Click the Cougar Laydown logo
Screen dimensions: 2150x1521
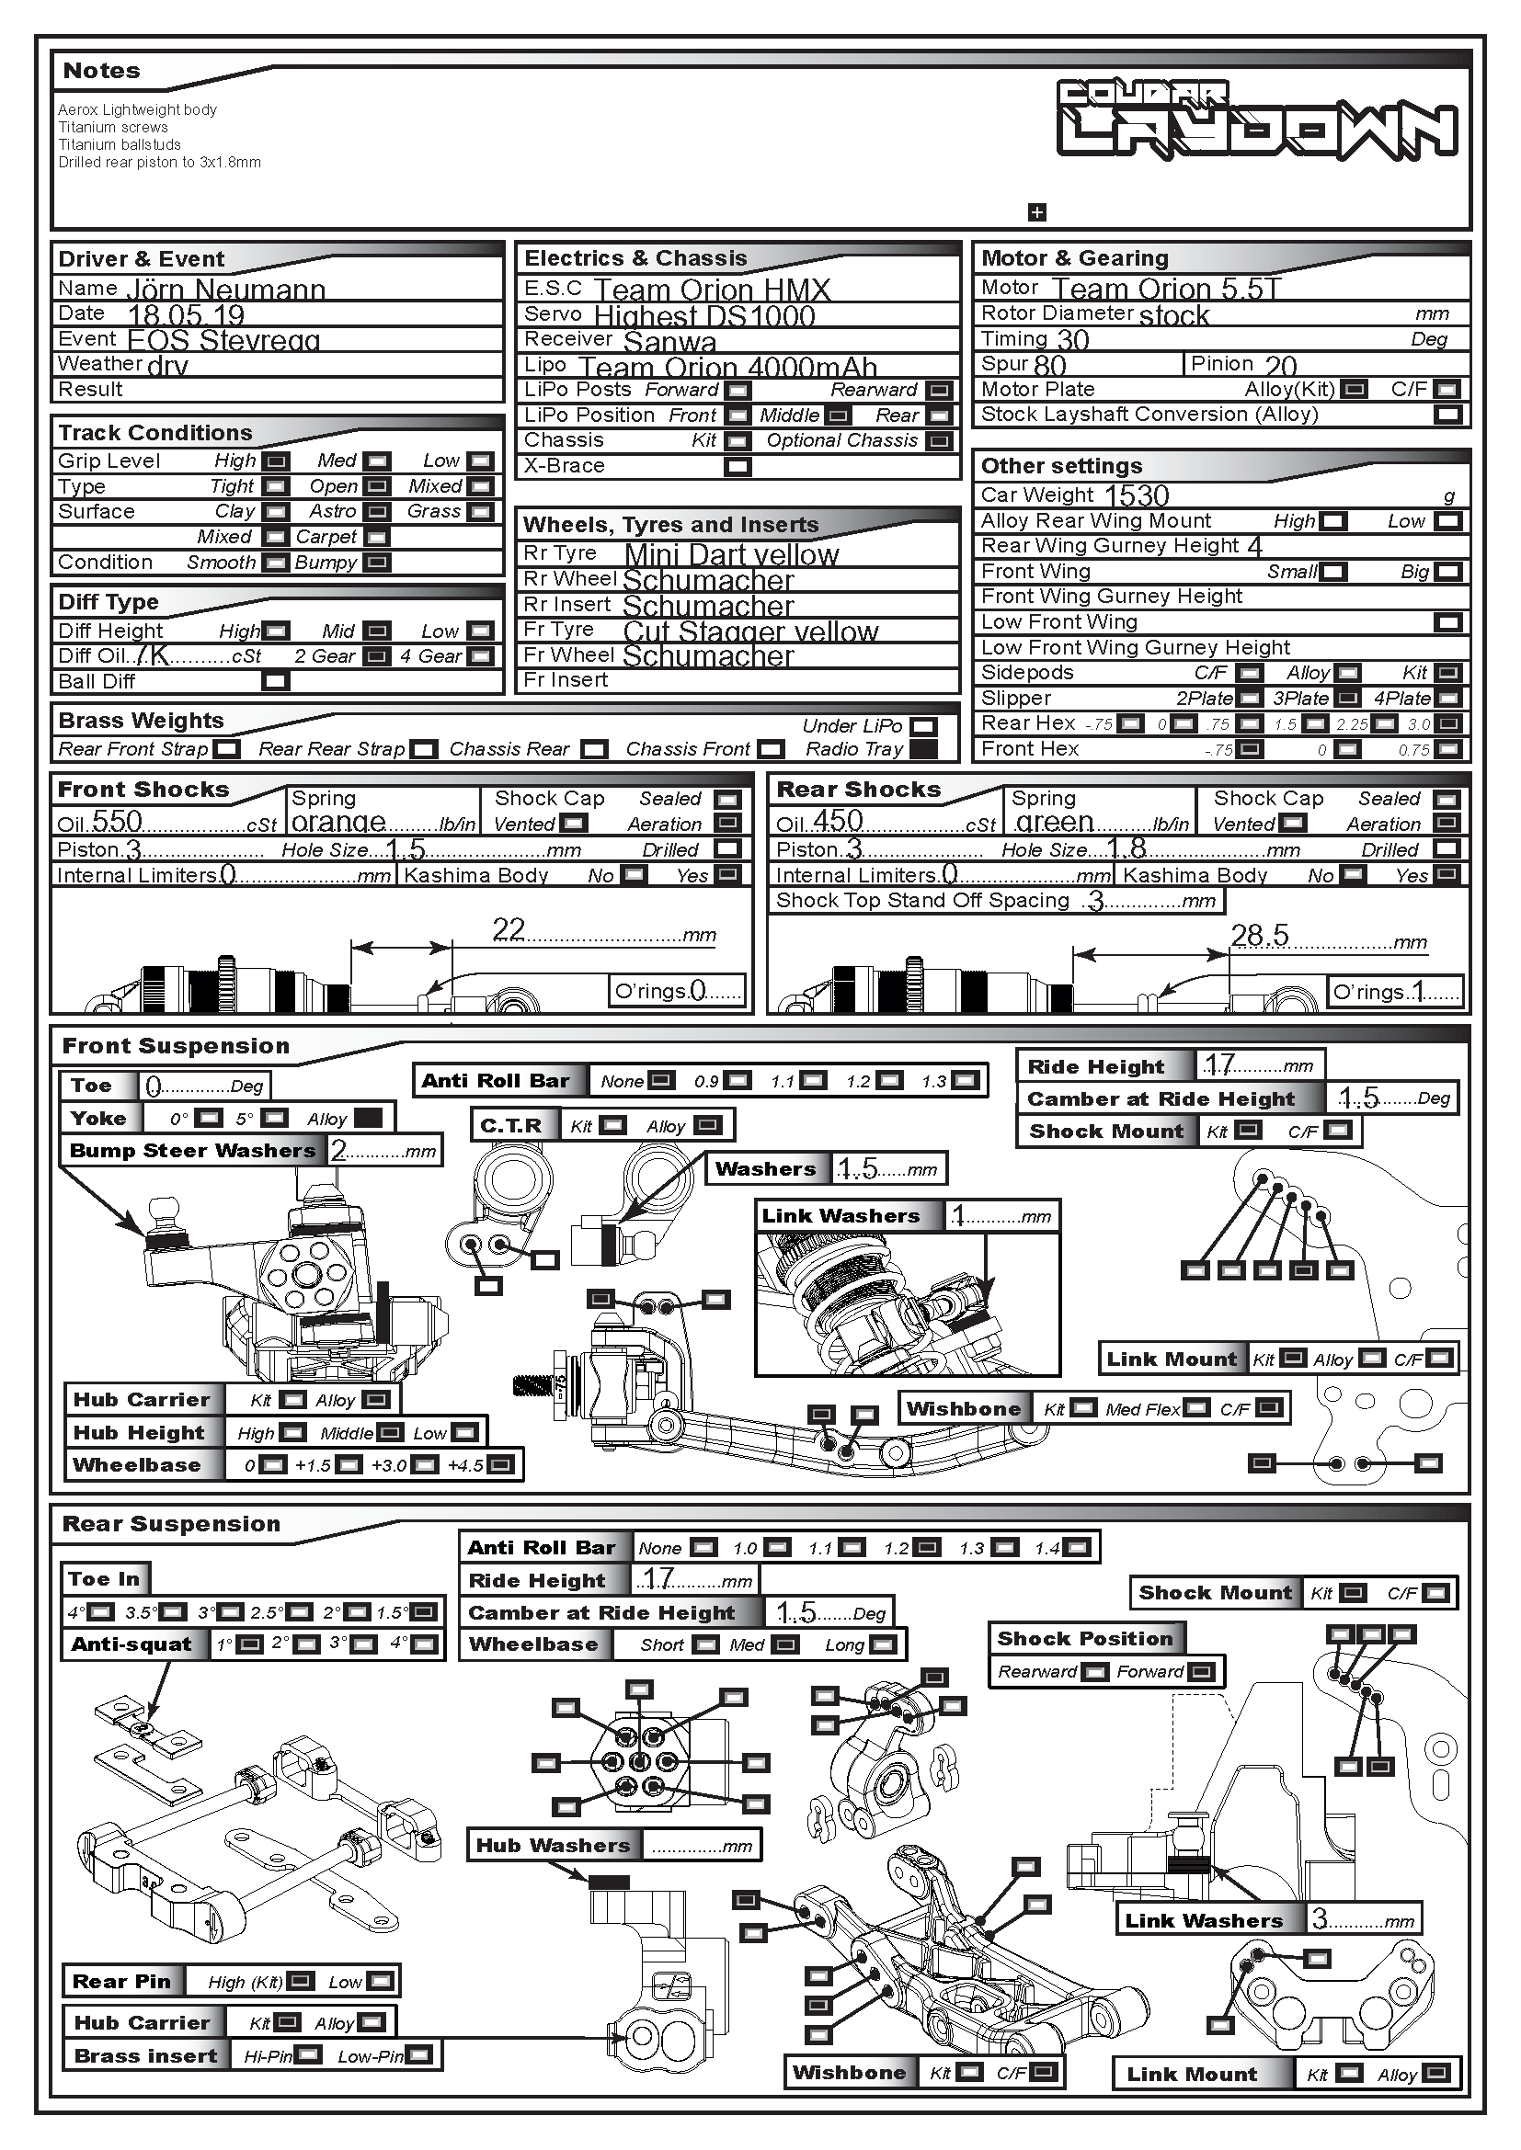pyautogui.click(x=1257, y=119)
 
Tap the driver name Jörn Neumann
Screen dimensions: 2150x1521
pyautogui.click(x=225, y=290)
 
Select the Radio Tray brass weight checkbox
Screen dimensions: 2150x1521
pyautogui.click(x=922, y=749)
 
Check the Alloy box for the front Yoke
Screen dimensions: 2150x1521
pyautogui.click(x=368, y=1118)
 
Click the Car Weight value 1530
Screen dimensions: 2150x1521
pyautogui.click(x=1137, y=495)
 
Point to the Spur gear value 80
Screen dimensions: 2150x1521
pyautogui.click(x=1050, y=365)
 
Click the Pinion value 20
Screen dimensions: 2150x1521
pyautogui.click(x=1280, y=365)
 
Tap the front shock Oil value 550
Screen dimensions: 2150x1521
pyautogui.click(x=117, y=822)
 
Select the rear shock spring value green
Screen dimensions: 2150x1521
pyautogui.click(x=1055, y=822)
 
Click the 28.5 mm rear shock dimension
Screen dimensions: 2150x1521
pyautogui.click(x=1260, y=936)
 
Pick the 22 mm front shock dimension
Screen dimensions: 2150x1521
pyautogui.click(x=509, y=929)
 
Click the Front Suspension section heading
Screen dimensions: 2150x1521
pyautogui.click(x=175, y=1046)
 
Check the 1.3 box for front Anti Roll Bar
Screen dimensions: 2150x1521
pyautogui.click(x=965, y=1081)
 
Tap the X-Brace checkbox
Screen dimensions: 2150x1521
pyautogui.click(x=738, y=466)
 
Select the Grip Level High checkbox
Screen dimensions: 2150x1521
pyautogui.click(x=275, y=461)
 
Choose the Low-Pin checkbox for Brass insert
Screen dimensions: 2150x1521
pyautogui.click(x=419, y=2055)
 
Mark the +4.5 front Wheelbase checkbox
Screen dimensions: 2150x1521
pyautogui.click(x=501, y=1464)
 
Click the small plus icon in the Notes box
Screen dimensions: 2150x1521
pyautogui.click(x=1036, y=212)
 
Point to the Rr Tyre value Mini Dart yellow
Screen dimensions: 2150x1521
pyautogui.click(x=731, y=554)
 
